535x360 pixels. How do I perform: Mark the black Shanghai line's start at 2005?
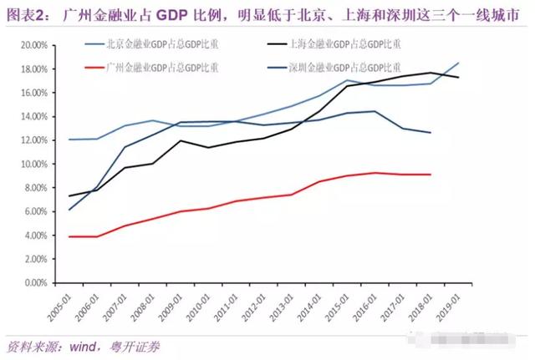click(x=69, y=196)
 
